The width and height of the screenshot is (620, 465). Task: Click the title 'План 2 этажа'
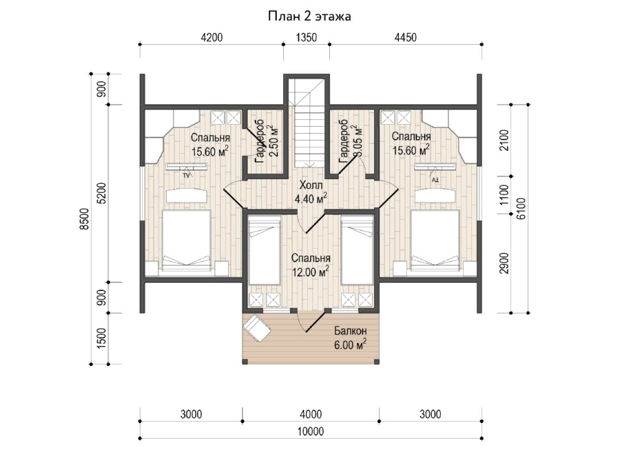point(309,17)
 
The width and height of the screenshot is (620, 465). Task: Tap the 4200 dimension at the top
point(211,37)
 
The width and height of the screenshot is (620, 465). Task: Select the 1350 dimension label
point(307,37)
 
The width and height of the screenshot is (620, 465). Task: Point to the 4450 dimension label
point(406,37)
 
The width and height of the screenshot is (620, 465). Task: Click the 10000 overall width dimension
point(311,431)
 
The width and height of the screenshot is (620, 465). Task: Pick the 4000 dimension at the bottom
point(311,415)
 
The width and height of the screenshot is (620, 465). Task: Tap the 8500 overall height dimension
point(85,218)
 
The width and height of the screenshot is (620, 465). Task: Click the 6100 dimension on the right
point(521,209)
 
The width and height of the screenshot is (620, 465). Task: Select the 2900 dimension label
point(504,263)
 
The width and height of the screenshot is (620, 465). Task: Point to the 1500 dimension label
point(101,338)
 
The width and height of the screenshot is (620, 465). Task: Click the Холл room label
point(311,185)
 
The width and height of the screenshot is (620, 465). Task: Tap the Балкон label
point(351,331)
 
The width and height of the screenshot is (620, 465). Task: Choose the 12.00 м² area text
point(311,272)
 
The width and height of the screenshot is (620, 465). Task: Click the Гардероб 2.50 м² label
point(265,141)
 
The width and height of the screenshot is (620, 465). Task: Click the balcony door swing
point(312,321)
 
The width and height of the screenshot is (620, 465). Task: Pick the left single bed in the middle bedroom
point(264,250)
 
